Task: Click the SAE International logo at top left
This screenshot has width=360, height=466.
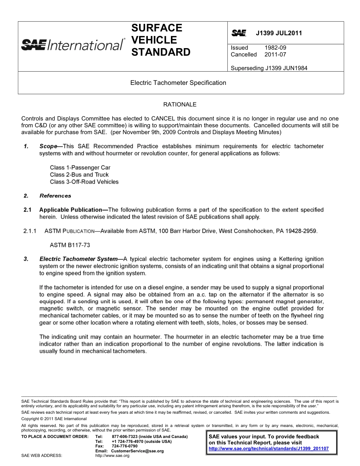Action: tap(72, 45)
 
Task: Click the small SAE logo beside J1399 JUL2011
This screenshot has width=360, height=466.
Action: tap(239, 33)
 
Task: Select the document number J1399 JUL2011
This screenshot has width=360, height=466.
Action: tap(279, 33)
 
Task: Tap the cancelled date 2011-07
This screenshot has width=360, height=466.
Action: tap(275, 55)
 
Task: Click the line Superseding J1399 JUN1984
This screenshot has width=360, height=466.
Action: tap(269, 68)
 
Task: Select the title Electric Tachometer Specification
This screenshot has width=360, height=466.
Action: tap(178, 83)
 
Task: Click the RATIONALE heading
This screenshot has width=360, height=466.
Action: tap(180, 104)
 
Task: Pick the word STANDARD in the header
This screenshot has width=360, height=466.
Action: tap(161, 52)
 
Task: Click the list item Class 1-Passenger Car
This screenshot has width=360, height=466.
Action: tap(80, 167)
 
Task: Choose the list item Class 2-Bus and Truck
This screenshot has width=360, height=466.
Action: tap(79, 175)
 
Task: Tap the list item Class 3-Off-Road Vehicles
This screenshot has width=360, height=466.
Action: tap(84, 182)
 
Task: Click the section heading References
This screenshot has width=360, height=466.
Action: tap(55, 196)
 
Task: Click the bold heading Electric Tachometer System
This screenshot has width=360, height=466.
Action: tap(78, 259)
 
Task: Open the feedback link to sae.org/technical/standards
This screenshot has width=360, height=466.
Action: tap(269, 449)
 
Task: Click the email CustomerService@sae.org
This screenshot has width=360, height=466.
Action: tap(138, 451)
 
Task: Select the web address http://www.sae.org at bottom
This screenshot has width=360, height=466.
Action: tap(112, 456)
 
